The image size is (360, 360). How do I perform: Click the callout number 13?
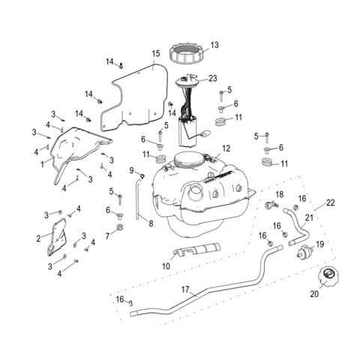tap(214, 45)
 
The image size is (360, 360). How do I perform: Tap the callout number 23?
tap(212, 78)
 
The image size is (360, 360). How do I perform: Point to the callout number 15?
tap(156, 54)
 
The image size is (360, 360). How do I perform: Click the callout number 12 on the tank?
tap(226, 148)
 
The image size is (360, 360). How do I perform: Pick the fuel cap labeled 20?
tap(328, 278)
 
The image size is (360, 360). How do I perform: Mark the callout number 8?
tap(151, 223)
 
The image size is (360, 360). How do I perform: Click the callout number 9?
tap(131, 171)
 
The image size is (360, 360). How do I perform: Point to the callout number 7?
tap(107, 236)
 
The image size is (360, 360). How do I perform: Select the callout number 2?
tap(38, 238)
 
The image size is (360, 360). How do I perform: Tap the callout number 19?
tap(319, 244)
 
